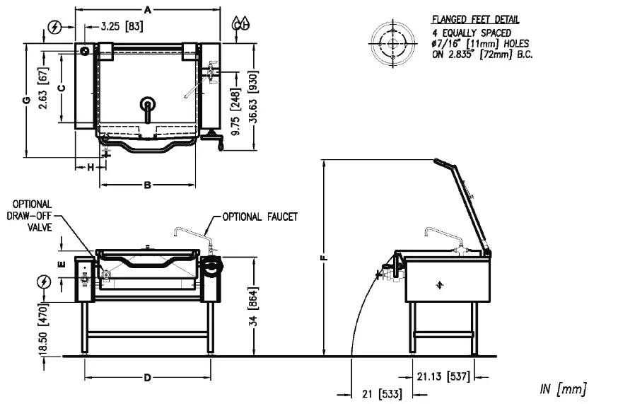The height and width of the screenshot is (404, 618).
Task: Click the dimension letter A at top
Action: (147, 9)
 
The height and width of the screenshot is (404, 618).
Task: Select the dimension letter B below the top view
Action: (147, 185)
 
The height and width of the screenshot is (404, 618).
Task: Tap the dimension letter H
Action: (91, 167)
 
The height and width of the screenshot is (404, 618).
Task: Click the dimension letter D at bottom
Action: (147, 378)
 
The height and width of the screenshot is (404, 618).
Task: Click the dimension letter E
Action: (62, 264)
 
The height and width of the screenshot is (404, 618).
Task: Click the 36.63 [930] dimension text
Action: (252, 100)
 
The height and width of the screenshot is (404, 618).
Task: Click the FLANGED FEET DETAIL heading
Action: (474, 19)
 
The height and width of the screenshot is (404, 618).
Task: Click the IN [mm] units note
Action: (563, 388)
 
